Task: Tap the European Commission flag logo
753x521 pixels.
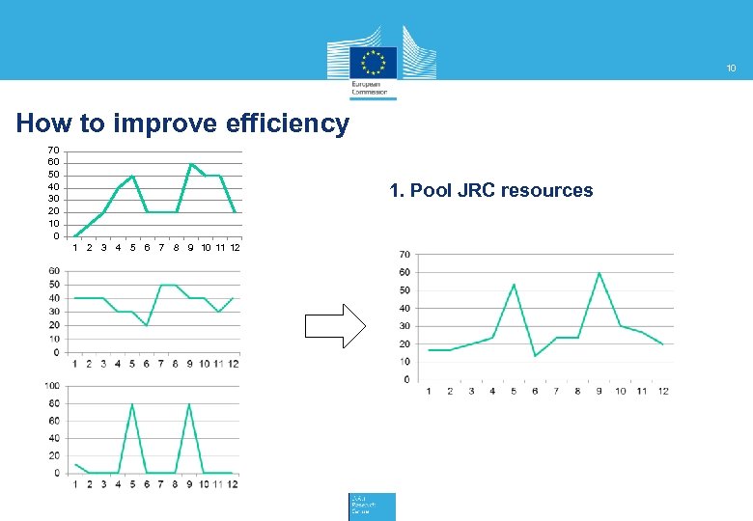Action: click(x=373, y=63)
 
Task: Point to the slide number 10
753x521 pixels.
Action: click(x=731, y=69)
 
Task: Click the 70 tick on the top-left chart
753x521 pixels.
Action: click(x=54, y=151)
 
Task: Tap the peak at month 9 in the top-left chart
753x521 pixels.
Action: click(x=190, y=164)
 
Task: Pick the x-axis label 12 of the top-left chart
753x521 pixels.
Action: click(x=235, y=248)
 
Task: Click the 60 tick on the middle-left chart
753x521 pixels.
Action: click(x=55, y=271)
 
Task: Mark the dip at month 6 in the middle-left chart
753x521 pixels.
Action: click(x=147, y=325)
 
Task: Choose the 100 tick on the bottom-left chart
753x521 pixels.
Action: click(x=52, y=386)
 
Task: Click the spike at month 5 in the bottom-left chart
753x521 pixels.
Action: click(x=132, y=404)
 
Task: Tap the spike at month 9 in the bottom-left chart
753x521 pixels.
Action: click(x=189, y=404)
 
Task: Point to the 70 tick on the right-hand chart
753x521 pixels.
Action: click(x=404, y=255)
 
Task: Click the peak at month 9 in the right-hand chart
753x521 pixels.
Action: click(x=599, y=273)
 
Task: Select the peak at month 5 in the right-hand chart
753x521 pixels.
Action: click(x=514, y=285)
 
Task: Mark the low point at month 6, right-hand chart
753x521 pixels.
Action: click(x=535, y=356)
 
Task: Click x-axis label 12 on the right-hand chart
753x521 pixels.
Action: click(x=663, y=391)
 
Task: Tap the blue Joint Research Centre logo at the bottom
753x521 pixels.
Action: click(x=372, y=506)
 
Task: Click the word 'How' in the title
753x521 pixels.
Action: click(x=40, y=124)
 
